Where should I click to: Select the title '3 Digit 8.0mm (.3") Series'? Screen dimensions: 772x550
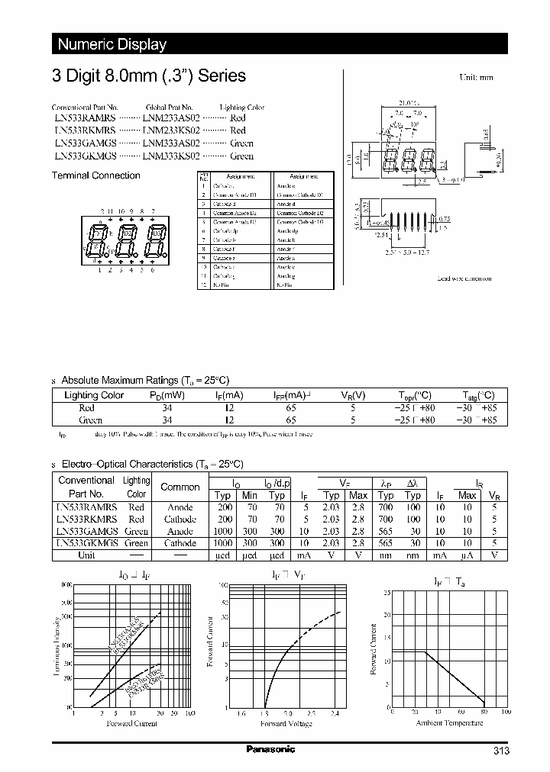[x=148, y=76]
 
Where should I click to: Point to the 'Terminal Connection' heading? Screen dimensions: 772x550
[x=95, y=175]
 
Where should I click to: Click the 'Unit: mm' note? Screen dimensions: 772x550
[x=476, y=78]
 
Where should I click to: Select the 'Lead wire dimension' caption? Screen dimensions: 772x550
[x=465, y=279]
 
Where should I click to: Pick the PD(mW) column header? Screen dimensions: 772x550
[x=167, y=395]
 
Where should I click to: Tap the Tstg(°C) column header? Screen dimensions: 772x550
[x=479, y=395]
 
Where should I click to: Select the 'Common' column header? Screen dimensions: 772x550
[x=180, y=487]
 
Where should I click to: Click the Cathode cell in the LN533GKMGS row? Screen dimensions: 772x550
[x=180, y=543]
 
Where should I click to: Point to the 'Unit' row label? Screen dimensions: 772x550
[x=86, y=555]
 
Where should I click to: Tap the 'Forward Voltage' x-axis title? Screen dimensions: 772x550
[x=286, y=723]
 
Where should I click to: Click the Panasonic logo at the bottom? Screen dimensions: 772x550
[x=270, y=750]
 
